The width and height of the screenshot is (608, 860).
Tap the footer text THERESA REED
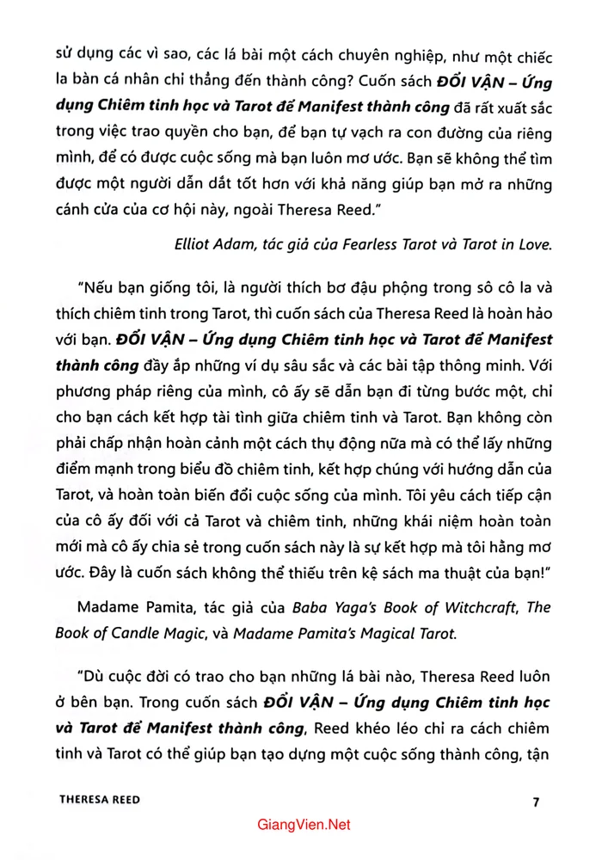pyautogui.click(x=100, y=800)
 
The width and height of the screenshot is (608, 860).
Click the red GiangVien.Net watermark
pyautogui.click(x=304, y=825)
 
